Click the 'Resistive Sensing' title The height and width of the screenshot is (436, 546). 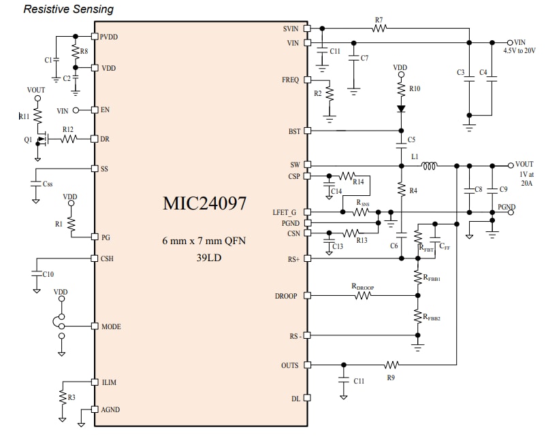69,9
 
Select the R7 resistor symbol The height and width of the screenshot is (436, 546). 379,29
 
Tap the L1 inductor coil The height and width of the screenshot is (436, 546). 430,165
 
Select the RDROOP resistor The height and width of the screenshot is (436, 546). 363,295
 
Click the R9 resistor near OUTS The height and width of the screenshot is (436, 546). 391,365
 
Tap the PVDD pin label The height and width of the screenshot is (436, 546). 109,37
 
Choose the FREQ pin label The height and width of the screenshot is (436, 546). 291,80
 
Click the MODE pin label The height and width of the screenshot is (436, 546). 110,326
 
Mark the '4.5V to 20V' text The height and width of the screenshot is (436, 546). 519,51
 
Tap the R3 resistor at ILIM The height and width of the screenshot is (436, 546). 63,397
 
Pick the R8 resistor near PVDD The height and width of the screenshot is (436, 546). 74,52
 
